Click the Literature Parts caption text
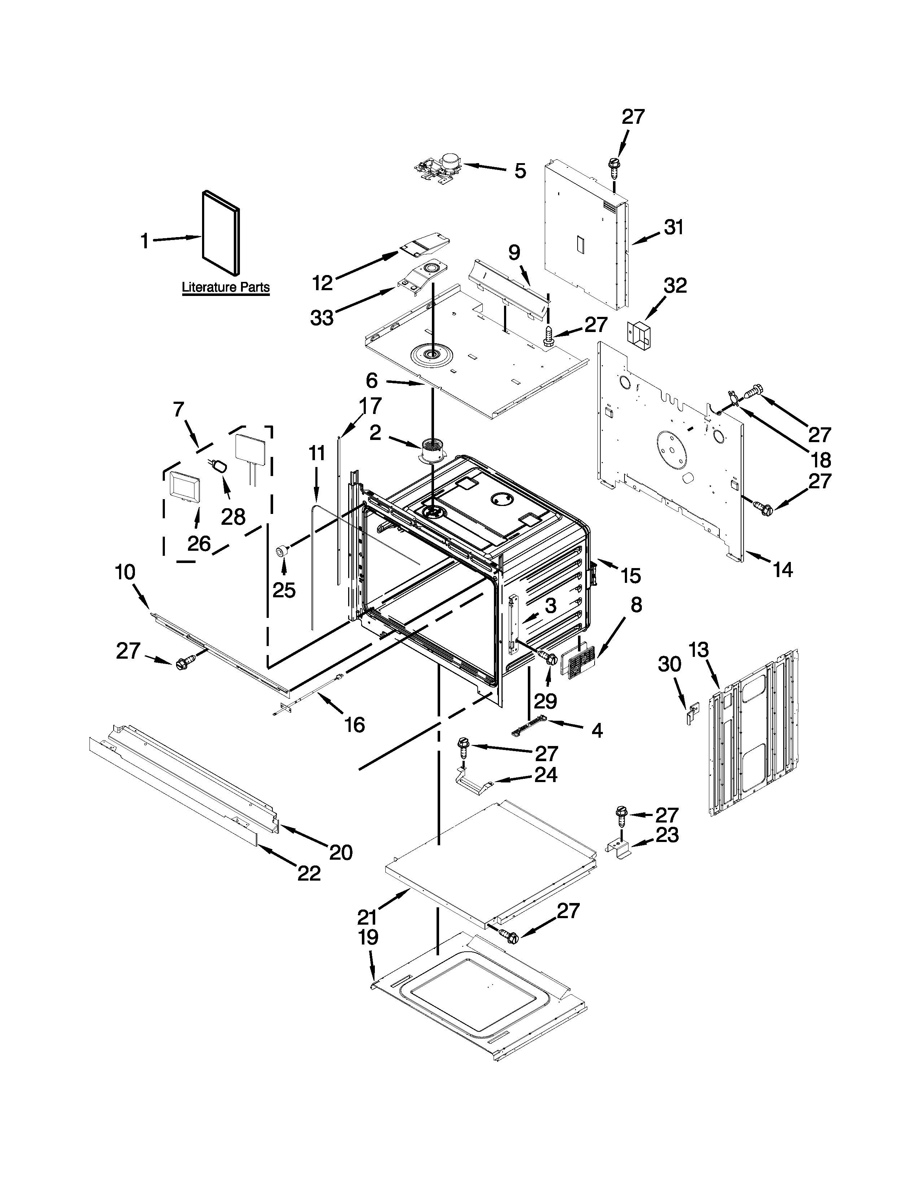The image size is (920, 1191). point(225,287)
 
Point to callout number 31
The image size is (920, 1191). point(674,227)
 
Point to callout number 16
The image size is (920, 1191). point(354,725)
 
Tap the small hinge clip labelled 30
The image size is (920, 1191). point(692,714)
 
